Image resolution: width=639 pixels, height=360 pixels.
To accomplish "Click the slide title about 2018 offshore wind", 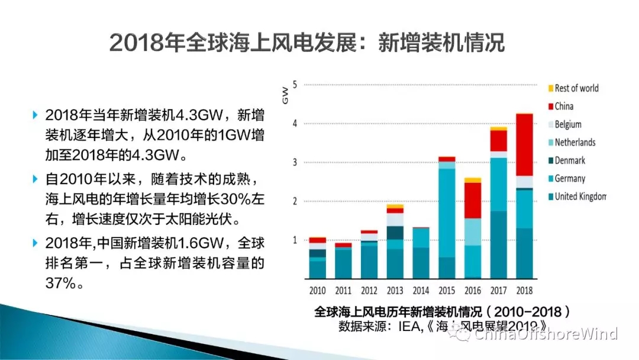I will coord(307,43).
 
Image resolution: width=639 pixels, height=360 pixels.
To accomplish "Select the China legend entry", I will coord(564,107).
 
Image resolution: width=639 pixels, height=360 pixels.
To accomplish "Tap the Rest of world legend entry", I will coord(576,88).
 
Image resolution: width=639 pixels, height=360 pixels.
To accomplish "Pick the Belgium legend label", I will coord(568,124).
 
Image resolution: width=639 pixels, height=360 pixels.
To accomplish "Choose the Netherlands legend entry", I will coord(575,143).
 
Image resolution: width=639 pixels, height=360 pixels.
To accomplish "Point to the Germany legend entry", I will coord(570,179).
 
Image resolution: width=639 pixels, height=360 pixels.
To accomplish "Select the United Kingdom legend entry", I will coord(580,197).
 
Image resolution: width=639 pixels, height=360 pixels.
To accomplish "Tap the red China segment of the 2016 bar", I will coord(472,200).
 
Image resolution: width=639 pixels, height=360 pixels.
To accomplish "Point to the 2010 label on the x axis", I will coord(318,291).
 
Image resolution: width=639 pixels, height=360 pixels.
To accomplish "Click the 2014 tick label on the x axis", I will coord(421,291).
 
